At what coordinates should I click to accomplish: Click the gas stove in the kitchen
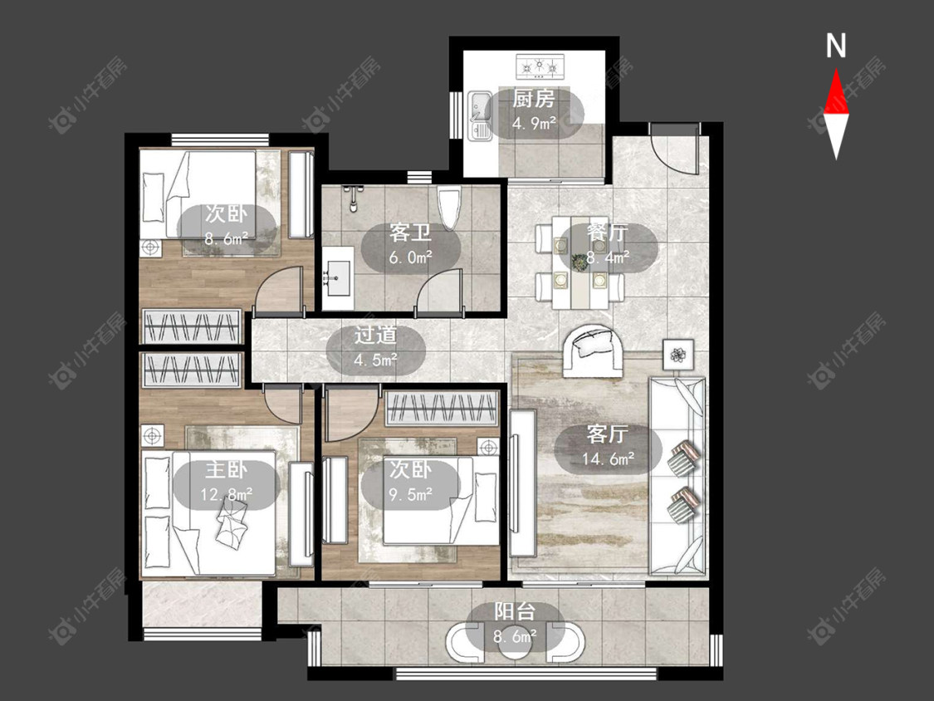[540, 66]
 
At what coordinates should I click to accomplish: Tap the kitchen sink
[479, 115]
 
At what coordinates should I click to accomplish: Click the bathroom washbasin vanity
[338, 277]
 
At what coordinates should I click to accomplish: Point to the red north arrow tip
[836, 71]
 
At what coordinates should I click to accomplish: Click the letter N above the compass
[836, 46]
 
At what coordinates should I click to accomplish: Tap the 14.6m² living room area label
[608, 458]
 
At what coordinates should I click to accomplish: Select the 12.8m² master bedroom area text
[227, 494]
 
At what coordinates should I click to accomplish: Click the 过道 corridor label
[375, 335]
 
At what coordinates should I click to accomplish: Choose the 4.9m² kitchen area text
[535, 123]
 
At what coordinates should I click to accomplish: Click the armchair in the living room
[592, 350]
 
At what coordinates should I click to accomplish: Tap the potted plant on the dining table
[579, 261]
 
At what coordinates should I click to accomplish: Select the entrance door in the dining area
[673, 148]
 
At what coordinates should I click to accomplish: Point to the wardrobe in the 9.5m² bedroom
[442, 409]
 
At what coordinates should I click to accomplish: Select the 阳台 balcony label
[515, 612]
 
